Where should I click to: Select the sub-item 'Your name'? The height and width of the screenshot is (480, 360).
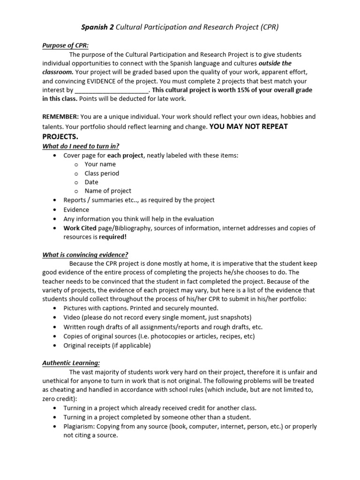pyautogui.click(x=100, y=164)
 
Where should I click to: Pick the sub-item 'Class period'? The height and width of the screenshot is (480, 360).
pyautogui.click(x=102, y=173)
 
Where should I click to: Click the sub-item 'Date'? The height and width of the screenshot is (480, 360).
pyautogui.click(x=91, y=182)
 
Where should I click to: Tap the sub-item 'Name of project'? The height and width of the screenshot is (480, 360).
pyautogui.click(x=108, y=191)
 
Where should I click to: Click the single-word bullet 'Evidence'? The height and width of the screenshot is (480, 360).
pyautogui.click(x=76, y=210)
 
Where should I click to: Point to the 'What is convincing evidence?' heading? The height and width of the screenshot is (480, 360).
pyautogui.click(x=85, y=255)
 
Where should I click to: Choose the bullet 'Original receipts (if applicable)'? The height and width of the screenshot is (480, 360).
pyautogui.click(x=107, y=345)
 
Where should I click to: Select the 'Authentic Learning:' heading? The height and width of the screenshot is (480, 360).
pyautogui.click(x=71, y=363)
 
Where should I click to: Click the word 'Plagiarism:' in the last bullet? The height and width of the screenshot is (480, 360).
pyautogui.click(x=80, y=427)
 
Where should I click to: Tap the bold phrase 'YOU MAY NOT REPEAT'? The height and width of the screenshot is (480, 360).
pyautogui.click(x=248, y=127)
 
